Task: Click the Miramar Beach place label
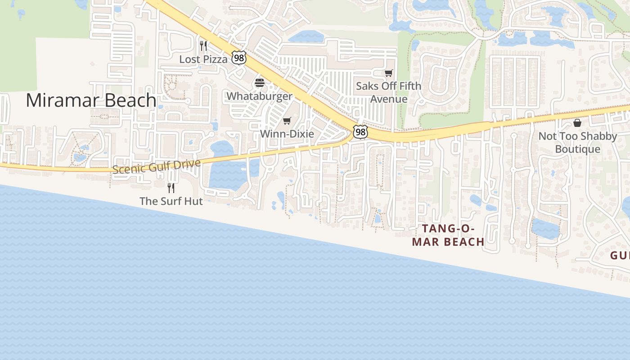tap(91, 100)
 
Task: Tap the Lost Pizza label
tap(203, 59)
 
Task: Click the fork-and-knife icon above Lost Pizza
tap(203, 46)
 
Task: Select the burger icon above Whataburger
tap(260, 83)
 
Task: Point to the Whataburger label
tap(259, 96)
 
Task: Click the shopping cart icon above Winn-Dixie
tap(287, 121)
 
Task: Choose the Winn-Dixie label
tap(287, 134)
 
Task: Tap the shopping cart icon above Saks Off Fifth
tap(389, 73)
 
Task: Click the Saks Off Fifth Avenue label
tap(389, 92)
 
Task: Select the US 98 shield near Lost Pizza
tap(239, 57)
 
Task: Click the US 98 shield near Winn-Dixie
tap(360, 132)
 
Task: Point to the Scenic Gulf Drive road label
tap(156, 166)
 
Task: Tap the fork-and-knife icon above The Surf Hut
tap(171, 188)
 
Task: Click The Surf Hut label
tap(171, 201)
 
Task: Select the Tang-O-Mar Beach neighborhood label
tap(448, 235)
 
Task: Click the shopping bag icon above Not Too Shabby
tap(577, 122)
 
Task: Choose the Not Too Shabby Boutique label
tap(577, 142)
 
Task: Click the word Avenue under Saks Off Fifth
tap(389, 99)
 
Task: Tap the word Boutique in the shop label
tap(577, 149)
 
